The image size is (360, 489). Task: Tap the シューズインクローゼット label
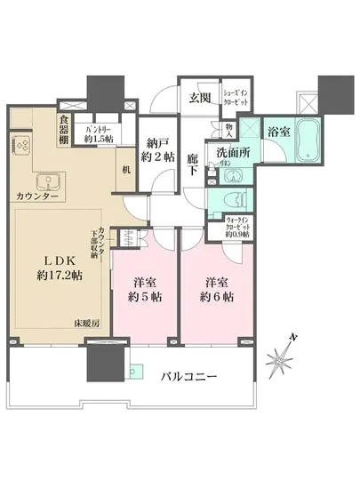coord(233,98)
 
